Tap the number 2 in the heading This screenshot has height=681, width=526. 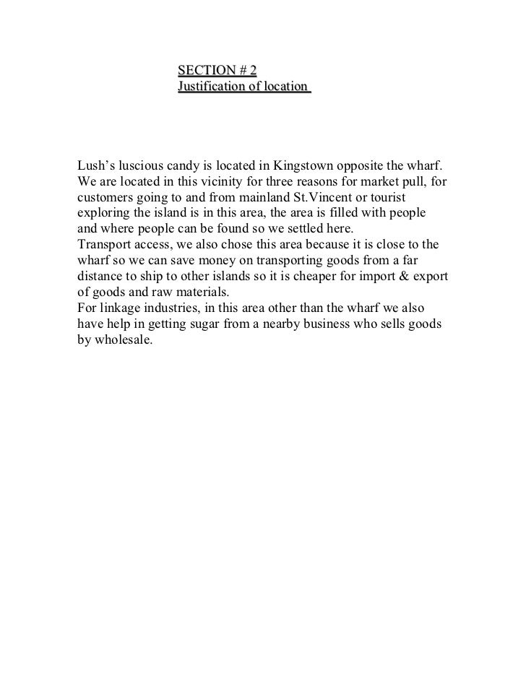[x=253, y=70]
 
